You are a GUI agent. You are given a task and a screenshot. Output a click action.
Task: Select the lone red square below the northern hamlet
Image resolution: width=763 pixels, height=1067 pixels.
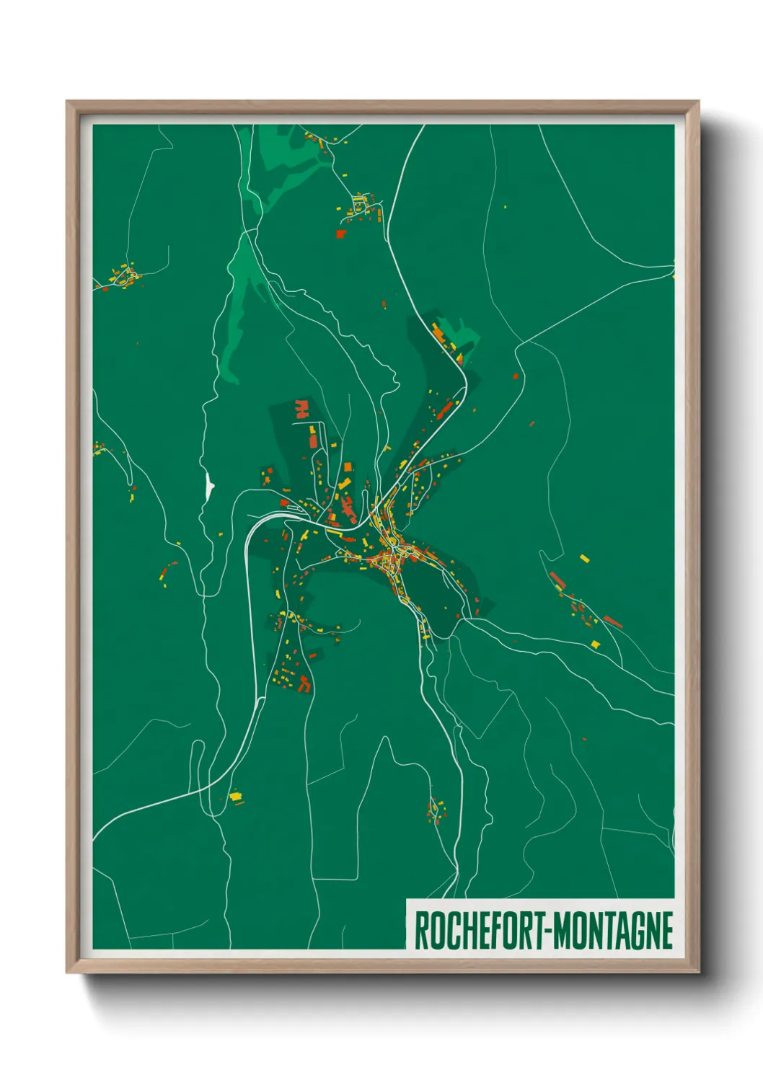pos(341,233)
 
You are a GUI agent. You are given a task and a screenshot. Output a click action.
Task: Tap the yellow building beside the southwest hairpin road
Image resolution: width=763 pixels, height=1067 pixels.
pos(235,796)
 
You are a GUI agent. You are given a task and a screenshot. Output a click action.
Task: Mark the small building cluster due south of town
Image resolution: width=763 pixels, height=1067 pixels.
pos(436,810)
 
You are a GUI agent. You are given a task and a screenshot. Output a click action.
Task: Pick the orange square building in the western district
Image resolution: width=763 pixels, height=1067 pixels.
pos(348,469)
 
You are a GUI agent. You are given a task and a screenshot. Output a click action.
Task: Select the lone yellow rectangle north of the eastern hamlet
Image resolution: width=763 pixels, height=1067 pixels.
pos(584,558)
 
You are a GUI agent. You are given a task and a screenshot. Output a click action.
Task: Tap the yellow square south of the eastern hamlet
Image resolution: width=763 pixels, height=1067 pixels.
pos(596,644)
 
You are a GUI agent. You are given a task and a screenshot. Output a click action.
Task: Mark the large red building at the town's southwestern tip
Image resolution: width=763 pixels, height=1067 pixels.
pos(305,683)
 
